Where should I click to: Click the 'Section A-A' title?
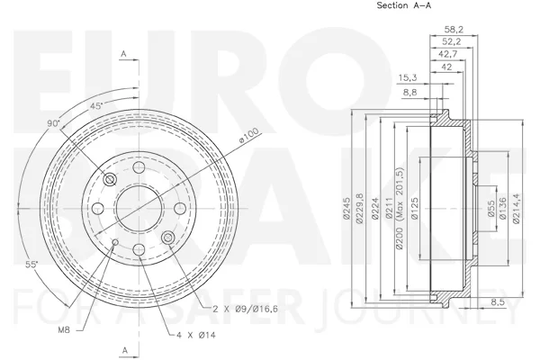[403, 5]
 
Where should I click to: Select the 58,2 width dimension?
[454, 30]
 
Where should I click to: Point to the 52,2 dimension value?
[452, 41]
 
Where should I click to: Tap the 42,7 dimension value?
[448, 54]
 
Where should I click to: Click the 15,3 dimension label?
[408, 78]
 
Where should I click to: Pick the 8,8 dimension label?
[409, 92]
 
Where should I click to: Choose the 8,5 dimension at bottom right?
[498, 302]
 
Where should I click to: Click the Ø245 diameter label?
[346, 208]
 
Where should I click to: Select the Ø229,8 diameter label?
[360, 208]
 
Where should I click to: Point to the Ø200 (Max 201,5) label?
[399, 208]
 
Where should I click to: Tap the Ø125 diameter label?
[415, 208]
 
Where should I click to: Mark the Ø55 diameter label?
[491, 209]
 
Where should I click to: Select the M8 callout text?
[63, 330]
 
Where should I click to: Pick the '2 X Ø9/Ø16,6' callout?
[245, 309]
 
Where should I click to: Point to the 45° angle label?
[96, 106]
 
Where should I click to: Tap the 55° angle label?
[31, 265]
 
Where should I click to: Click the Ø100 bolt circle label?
[248, 135]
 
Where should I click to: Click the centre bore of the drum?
[139, 209]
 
